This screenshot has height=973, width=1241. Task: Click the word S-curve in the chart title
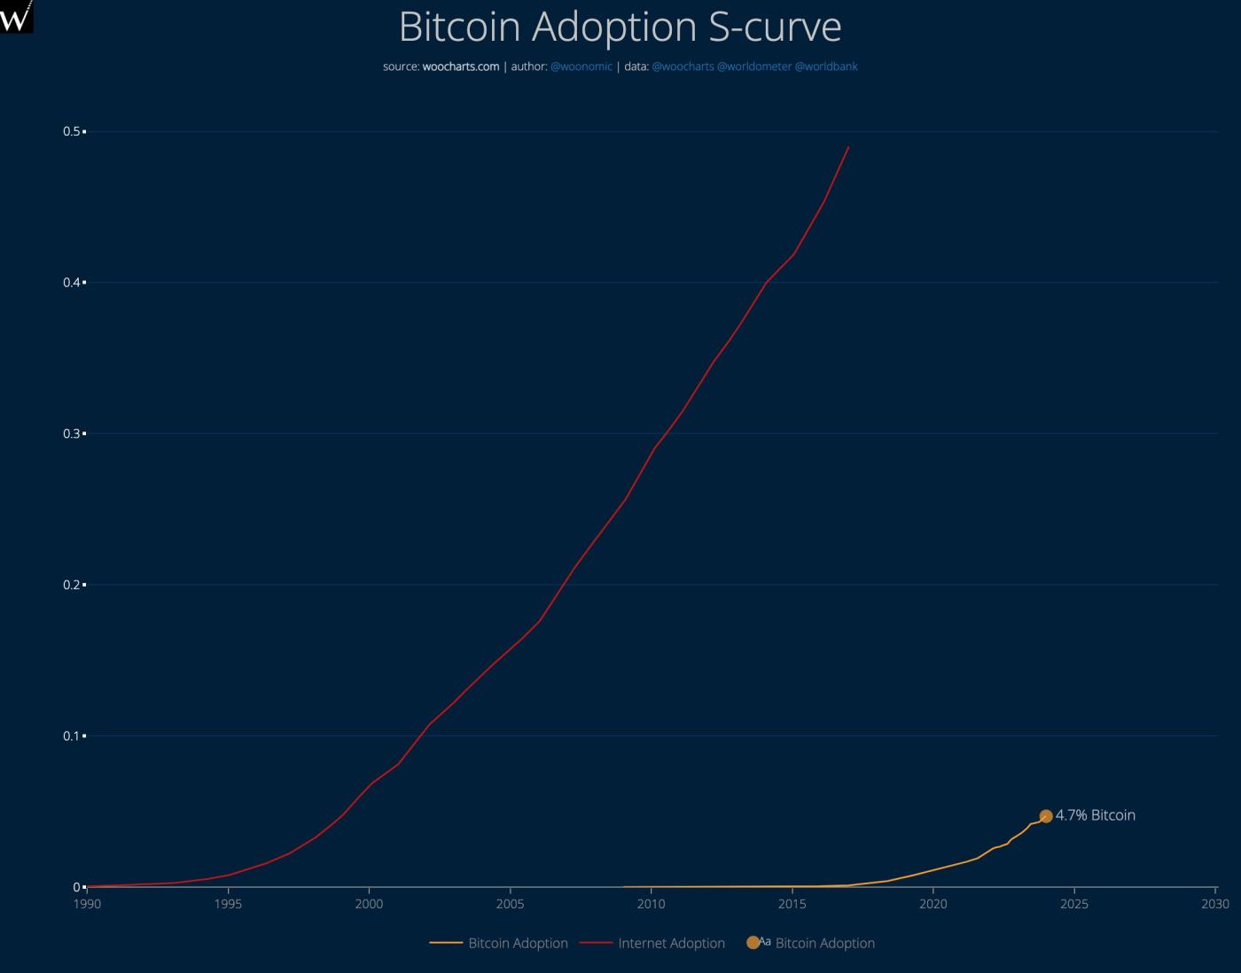774,27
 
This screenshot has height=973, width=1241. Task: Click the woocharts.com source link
460,66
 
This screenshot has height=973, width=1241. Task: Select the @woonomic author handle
581,66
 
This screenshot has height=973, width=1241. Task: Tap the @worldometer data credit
753,66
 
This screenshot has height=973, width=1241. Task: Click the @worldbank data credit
826,66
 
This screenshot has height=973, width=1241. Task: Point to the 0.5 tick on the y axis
72,131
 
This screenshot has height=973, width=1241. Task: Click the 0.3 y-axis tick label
72,433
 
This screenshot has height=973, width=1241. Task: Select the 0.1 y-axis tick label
72,736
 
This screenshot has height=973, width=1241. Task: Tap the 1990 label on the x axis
87,904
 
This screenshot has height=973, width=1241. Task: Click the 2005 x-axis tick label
510,904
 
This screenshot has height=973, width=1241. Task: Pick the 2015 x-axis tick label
792,904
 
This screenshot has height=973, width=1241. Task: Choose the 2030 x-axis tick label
1215,904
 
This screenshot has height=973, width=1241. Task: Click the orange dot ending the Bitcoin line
1046,816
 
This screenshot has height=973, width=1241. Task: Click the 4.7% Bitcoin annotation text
1095,815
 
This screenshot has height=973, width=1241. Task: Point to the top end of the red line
848,148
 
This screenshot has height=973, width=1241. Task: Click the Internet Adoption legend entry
671,943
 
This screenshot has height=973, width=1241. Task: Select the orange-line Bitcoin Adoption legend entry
518,943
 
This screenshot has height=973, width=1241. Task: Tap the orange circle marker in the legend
753,942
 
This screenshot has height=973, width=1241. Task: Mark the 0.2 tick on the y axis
72,585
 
